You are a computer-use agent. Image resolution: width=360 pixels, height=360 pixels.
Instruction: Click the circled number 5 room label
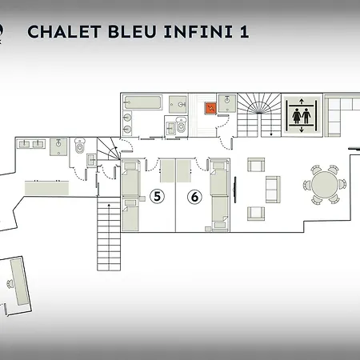pyautogui.click(x=157, y=196)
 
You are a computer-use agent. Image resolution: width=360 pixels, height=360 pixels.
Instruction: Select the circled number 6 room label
pyautogui.click(x=194, y=197)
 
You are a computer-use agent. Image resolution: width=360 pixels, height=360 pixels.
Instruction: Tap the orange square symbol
pyautogui.click(x=210, y=108)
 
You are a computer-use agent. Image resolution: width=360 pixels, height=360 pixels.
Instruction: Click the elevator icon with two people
pyautogui.click(x=302, y=115)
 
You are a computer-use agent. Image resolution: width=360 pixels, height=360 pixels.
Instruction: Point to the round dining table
pyautogui.click(x=325, y=184)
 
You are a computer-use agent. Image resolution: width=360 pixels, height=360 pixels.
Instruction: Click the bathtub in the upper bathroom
pyautogui.click(x=142, y=102)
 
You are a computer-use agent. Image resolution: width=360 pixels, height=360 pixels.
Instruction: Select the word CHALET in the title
pyautogui.click(x=64, y=31)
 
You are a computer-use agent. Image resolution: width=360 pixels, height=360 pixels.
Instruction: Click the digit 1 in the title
pyautogui.click(x=245, y=31)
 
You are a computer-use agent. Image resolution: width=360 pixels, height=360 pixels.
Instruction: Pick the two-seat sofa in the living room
pyautogui.click(x=273, y=190)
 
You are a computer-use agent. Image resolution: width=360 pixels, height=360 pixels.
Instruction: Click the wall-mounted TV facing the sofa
pyautogui.click(x=234, y=190)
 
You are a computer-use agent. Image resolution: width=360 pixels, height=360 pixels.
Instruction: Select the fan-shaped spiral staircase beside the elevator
pyautogui.click(x=259, y=115)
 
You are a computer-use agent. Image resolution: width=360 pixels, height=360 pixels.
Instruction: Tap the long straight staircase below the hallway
pyautogui.click(x=109, y=234)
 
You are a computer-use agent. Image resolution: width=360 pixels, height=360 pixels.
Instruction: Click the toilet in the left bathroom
pyautogui.click(x=79, y=146)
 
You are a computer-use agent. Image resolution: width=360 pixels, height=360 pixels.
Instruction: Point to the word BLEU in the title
pyautogui.click(x=132, y=31)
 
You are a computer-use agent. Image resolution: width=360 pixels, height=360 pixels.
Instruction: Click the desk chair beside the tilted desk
pyautogui.click(x=10, y=283)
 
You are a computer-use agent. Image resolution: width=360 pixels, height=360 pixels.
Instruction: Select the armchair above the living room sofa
pyautogui.click(x=256, y=165)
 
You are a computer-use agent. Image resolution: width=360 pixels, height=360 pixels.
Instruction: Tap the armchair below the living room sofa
pyautogui.click(x=256, y=214)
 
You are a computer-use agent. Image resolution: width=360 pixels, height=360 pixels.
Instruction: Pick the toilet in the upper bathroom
pyautogui.click(x=181, y=125)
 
